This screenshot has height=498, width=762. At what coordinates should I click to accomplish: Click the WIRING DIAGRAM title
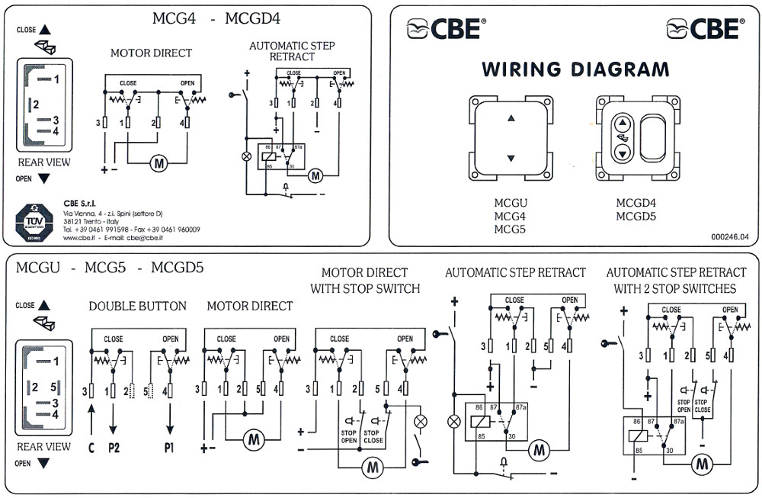click(x=575, y=70)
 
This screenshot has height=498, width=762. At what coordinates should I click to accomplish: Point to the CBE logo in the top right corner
click(x=705, y=29)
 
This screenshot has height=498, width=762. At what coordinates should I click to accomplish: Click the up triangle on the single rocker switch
click(x=511, y=118)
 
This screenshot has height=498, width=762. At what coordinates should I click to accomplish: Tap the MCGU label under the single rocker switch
click(x=511, y=203)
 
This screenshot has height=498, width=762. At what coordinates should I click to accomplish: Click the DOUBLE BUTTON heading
click(x=137, y=306)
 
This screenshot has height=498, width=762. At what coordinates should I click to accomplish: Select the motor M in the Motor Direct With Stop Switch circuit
click(x=372, y=465)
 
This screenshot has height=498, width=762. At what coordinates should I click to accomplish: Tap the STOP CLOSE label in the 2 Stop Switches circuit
click(x=703, y=405)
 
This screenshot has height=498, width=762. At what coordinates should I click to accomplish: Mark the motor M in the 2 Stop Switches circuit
click(x=702, y=462)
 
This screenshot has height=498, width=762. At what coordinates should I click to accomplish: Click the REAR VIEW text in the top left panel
click(x=43, y=162)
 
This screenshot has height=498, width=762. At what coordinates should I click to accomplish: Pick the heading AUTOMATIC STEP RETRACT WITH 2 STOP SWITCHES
click(x=676, y=280)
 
